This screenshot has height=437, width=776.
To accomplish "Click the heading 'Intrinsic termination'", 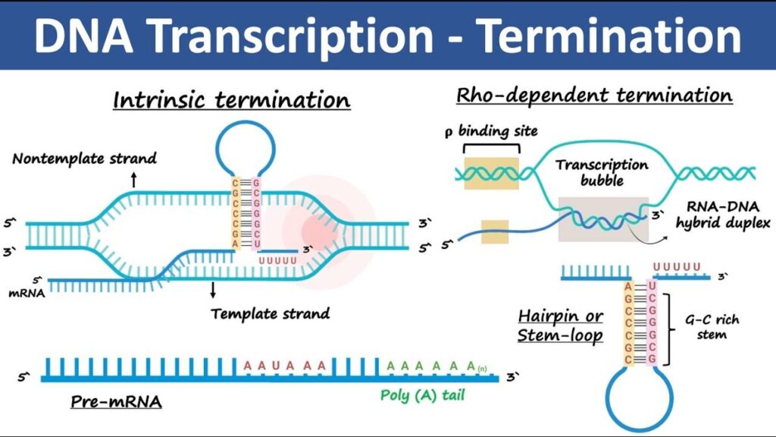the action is click(x=232, y=99).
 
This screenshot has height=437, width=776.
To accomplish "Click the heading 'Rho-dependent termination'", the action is click(x=594, y=95).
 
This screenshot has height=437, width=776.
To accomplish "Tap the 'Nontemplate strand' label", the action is click(x=84, y=159).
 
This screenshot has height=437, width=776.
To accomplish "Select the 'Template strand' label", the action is click(x=271, y=313).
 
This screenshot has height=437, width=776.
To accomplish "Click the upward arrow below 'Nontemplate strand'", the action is click(x=133, y=180).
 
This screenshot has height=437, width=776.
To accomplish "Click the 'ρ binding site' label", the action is click(x=491, y=131).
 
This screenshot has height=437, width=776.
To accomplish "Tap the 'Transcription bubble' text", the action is click(x=602, y=172).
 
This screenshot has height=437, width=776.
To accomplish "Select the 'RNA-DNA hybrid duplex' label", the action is click(x=723, y=215).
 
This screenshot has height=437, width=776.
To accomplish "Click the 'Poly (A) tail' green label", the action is click(x=422, y=395).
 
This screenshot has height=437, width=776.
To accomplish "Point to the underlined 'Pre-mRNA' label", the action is click(x=116, y=401).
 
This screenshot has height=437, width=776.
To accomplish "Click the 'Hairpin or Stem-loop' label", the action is click(x=561, y=325).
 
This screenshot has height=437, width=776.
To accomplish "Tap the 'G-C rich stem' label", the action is click(x=712, y=327).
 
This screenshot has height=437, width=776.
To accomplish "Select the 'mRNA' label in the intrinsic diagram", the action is click(x=27, y=294).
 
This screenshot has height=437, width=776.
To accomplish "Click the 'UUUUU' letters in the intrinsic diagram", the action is click(x=277, y=261).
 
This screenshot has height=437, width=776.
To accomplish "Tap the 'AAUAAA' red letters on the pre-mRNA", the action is click(x=285, y=366).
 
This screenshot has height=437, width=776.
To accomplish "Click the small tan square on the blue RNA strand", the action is click(x=495, y=231).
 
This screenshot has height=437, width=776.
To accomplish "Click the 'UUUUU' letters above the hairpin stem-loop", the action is click(x=677, y=267).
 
